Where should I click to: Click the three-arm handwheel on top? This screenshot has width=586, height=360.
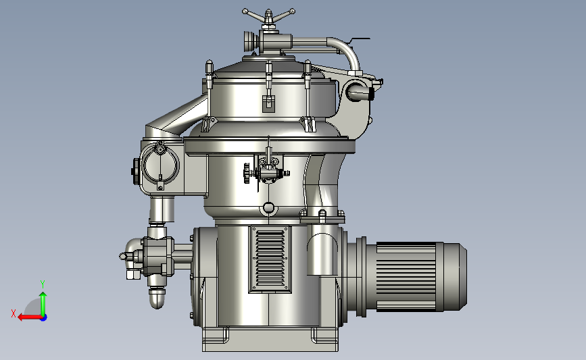268,17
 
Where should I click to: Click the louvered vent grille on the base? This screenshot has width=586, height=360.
270,259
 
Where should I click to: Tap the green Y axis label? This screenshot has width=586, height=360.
43,284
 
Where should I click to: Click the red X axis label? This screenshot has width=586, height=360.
14,313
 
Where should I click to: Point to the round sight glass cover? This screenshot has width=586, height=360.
160,165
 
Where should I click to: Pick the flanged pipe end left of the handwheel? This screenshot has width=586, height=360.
250,41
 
